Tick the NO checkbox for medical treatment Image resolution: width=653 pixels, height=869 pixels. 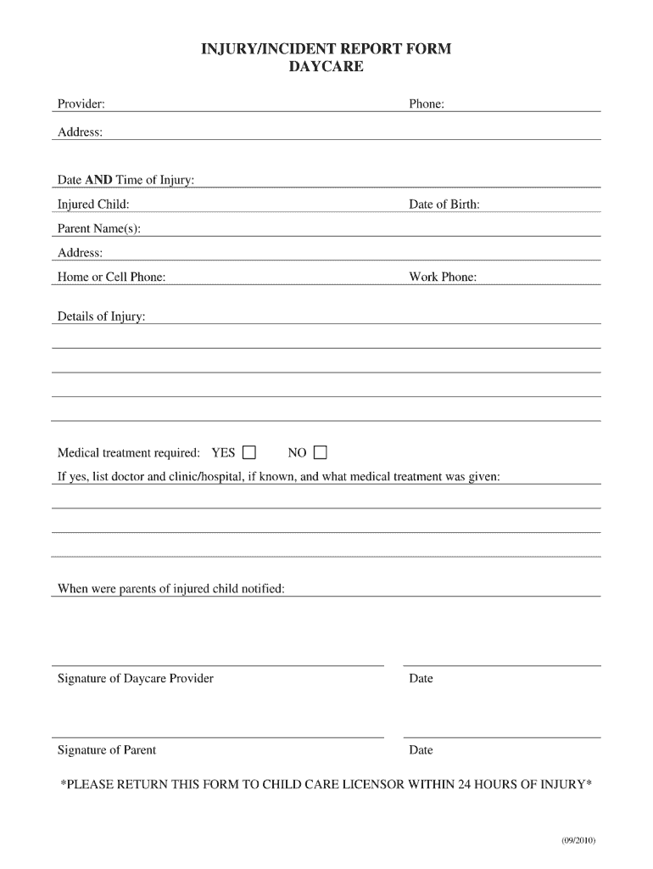pos(320,452)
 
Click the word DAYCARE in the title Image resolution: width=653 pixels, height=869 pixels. pos(326,66)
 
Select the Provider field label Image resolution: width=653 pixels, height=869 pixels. pos(81,104)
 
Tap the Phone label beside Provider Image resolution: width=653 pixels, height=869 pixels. pos(427,104)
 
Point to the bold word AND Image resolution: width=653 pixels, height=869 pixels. pos(99,180)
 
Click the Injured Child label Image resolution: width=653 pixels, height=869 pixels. pos(93,205)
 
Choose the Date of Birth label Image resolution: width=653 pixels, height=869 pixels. pos(444,205)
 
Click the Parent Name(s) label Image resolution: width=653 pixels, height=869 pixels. pos(99,229)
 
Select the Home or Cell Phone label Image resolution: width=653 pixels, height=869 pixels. pos(111,278)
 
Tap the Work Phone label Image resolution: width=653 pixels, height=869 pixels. pos(443,278)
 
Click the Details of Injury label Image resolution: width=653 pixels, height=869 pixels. pos(101,317)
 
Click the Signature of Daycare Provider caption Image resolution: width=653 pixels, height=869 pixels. pos(136,679)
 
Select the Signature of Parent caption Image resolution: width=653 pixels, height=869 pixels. pos(107,750)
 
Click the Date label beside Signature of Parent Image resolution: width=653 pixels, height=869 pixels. pos(421,750)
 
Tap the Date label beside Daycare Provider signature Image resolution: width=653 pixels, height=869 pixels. pos(421,679)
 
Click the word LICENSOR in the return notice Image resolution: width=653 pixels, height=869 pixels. pos(370,784)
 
